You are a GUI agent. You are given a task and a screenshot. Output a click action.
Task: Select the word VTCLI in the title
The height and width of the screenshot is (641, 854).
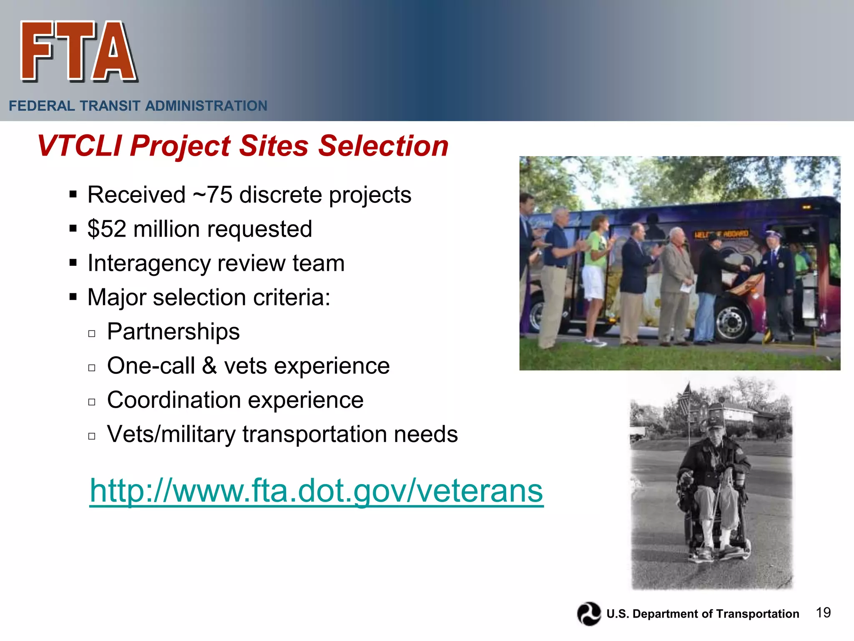(x=79, y=146)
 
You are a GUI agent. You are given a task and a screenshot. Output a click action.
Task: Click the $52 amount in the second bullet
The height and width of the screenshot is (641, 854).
(x=107, y=229)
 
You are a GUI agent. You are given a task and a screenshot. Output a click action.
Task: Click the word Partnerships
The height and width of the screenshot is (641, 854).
(x=173, y=332)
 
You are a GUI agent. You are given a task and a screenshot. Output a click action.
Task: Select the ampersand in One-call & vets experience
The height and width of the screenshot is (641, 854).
(x=209, y=366)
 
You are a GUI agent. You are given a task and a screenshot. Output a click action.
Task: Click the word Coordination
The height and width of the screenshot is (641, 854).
(x=174, y=400)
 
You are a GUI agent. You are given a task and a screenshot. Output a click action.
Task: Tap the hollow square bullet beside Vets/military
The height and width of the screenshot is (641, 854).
(x=92, y=436)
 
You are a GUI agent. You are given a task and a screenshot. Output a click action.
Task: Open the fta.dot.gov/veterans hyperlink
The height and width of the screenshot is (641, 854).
(x=316, y=491)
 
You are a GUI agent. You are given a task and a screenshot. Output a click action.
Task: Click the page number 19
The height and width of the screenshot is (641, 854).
(x=823, y=613)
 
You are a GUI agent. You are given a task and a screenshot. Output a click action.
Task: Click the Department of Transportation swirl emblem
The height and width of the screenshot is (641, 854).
(x=589, y=613)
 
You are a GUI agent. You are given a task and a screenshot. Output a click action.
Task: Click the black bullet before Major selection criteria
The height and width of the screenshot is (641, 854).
(x=73, y=298)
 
